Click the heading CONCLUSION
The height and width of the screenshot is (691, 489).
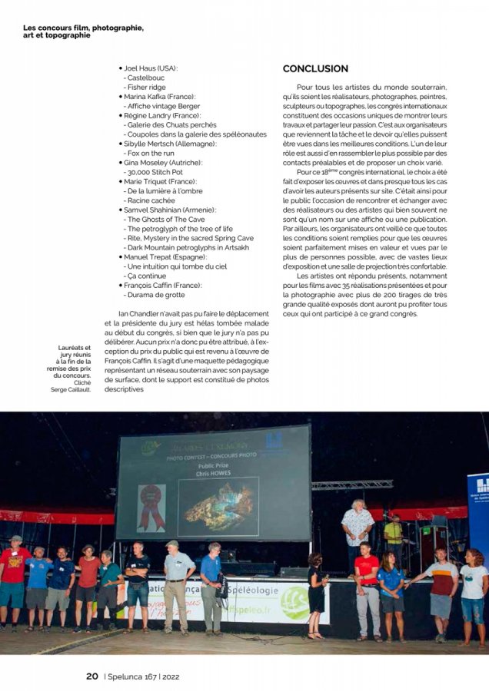tap(315, 68)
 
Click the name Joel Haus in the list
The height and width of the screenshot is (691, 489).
tap(142, 68)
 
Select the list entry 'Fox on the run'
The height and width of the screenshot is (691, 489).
tap(155, 153)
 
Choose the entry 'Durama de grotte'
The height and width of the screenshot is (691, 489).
tap(156, 294)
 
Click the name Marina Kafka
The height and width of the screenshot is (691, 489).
tap(145, 97)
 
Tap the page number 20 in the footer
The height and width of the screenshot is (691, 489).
tap(91, 676)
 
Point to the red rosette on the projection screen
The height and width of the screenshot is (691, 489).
tap(151, 506)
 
